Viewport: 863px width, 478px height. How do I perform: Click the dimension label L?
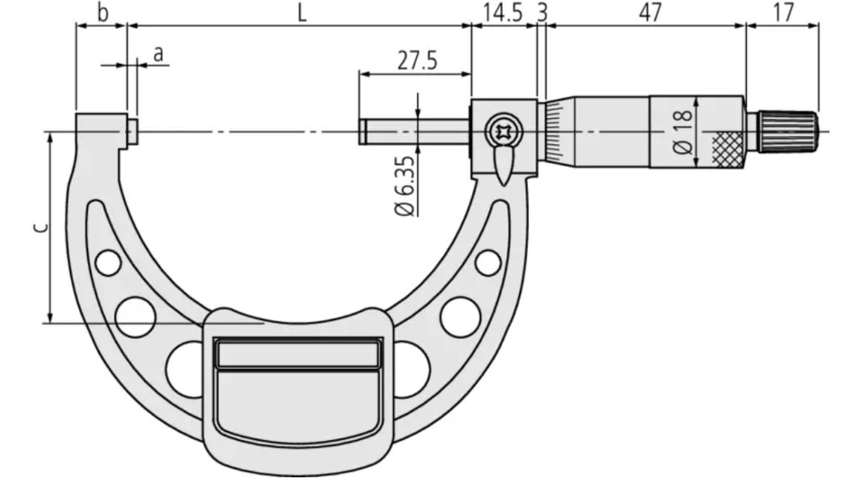[301, 13]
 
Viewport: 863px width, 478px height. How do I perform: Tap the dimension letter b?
[103, 13]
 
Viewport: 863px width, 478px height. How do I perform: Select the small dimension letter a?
[157, 54]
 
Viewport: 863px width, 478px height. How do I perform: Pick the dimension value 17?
[783, 13]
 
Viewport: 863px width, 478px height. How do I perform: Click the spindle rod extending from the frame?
[413, 132]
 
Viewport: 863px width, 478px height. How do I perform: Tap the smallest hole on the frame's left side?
[108, 263]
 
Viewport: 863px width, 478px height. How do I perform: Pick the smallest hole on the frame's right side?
[488, 262]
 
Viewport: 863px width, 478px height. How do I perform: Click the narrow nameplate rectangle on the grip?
[296, 354]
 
